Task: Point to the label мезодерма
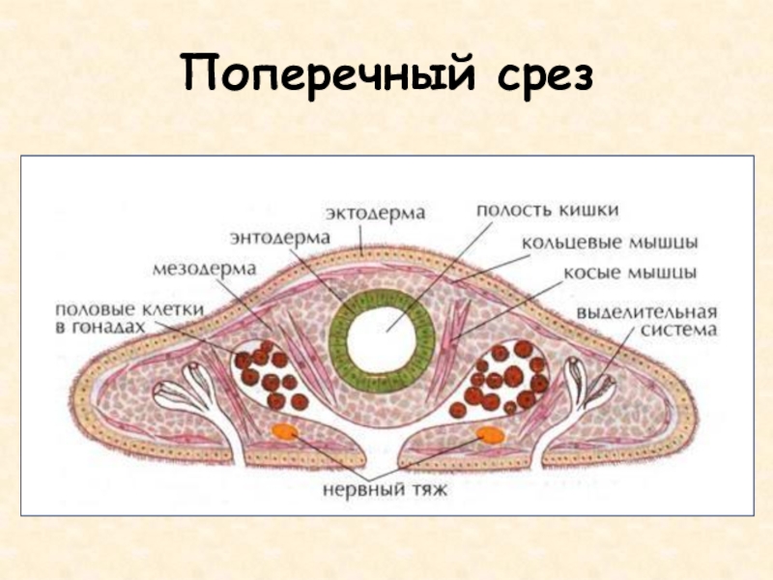pyautogui.click(x=203, y=266)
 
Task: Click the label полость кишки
pyautogui.click(x=547, y=209)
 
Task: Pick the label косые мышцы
pyautogui.click(x=631, y=273)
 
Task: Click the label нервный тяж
pyautogui.click(x=386, y=488)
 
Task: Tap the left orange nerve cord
pyautogui.click(x=284, y=431)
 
